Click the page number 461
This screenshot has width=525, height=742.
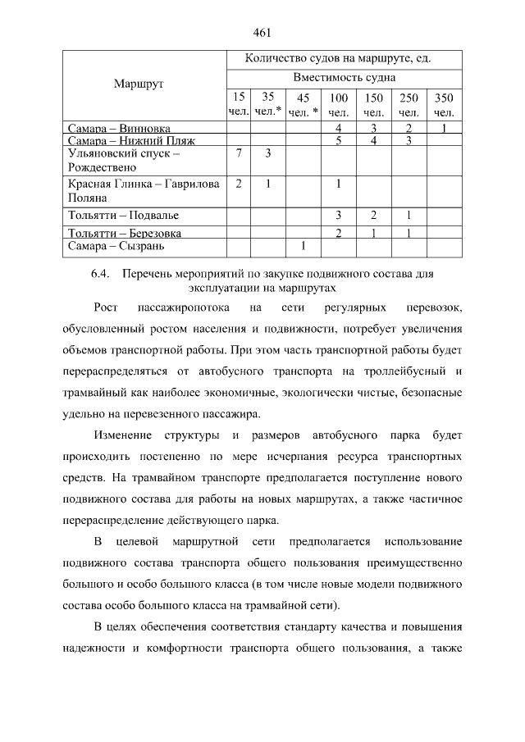coord(262,33)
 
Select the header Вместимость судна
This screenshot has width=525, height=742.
coord(344,77)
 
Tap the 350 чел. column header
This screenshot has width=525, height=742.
coord(443,104)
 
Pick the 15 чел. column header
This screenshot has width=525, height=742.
coord(238,104)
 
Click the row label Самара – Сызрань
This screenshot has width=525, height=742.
coord(116,245)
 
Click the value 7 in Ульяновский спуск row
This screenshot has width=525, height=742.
coord(238,153)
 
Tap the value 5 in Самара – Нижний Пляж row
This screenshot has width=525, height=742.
coord(338,141)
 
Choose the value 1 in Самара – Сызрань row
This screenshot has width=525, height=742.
coord(304,245)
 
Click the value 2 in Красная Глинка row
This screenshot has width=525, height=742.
coord(238,184)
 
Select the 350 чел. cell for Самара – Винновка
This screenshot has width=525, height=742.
coord(443,128)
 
